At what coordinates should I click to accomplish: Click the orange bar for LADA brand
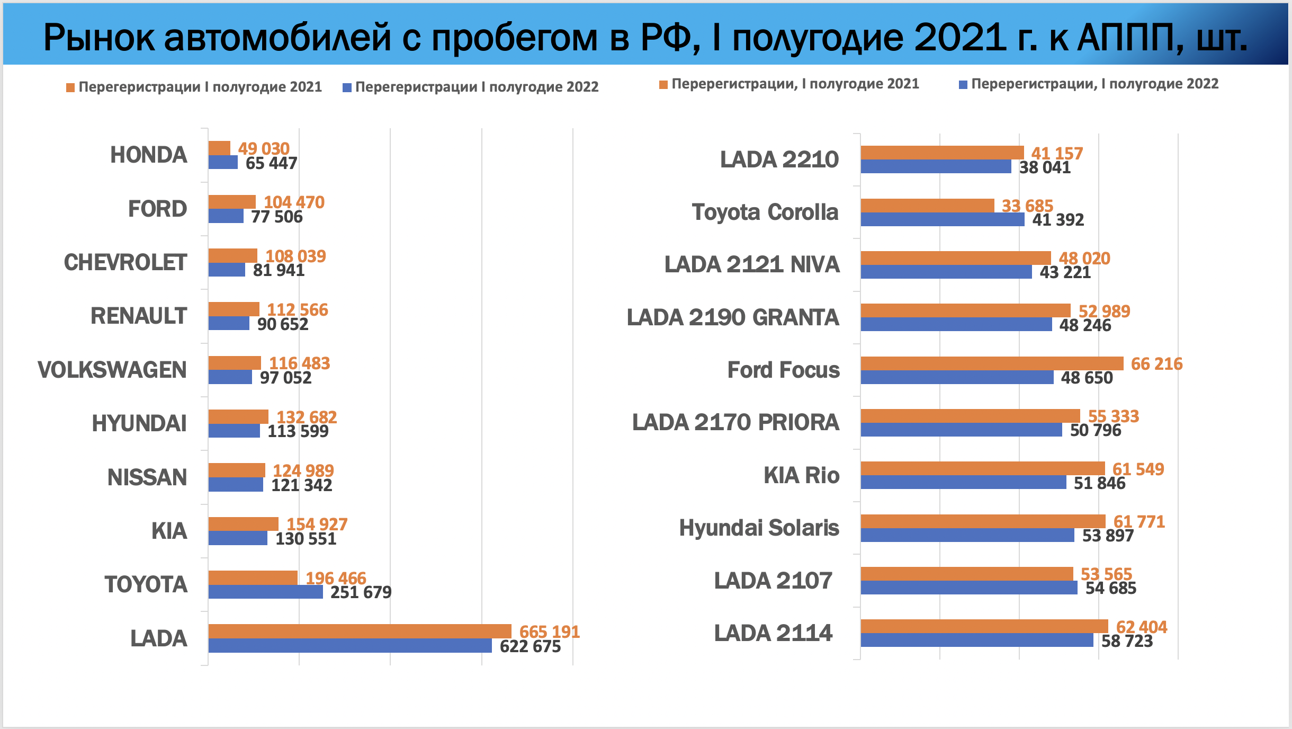tap(360, 631)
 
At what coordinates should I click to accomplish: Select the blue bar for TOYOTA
tap(265, 592)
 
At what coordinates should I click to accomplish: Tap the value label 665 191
tap(549, 632)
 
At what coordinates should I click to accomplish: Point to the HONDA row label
tap(148, 155)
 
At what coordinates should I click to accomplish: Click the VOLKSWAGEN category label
tap(112, 370)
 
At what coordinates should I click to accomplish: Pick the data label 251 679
tap(361, 592)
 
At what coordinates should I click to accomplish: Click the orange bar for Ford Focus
tap(991, 363)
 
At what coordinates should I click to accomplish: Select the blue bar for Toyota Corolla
tap(942, 219)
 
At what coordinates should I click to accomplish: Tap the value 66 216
tap(1156, 364)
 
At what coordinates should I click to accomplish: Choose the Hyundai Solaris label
tap(759, 528)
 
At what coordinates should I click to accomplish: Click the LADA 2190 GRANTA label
tap(733, 317)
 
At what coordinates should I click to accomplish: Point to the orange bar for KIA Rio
tap(982, 468)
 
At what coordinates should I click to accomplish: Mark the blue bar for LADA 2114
tap(976, 640)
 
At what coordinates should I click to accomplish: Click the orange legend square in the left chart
tap(70, 87)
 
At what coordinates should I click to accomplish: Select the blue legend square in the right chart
tap(963, 85)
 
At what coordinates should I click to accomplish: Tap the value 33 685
tap(1027, 206)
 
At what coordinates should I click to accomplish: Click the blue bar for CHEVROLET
tap(227, 270)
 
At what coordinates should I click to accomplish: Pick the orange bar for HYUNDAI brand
tap(238, 416)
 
